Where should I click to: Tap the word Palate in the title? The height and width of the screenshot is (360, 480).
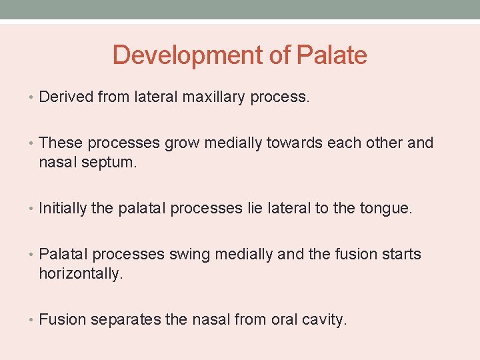coord(331,55)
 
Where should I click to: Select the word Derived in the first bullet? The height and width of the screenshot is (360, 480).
coord(66,97)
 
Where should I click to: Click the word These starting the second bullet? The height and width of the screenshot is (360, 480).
coord(61,143)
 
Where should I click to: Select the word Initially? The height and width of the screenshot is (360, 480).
coord(63,209)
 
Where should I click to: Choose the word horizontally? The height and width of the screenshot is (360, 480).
coord(81,273)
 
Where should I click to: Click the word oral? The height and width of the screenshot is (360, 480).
coord(283,319)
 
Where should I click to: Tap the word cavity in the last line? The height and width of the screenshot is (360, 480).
coord(323,319)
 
